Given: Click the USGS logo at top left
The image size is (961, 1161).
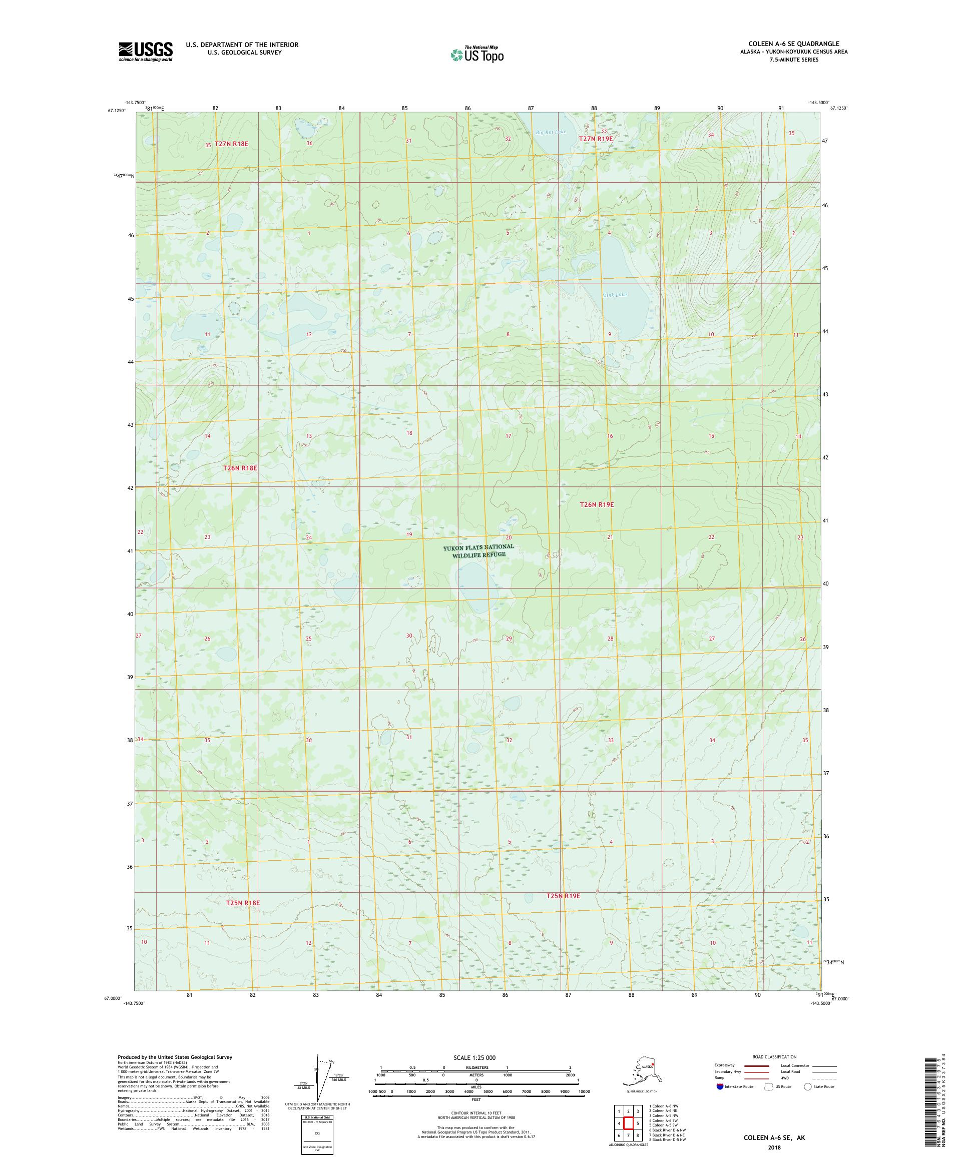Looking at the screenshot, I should pos(145,52).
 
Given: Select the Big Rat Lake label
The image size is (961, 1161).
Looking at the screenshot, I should pos(551,132).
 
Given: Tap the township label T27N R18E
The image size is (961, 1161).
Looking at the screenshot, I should pos(232,144).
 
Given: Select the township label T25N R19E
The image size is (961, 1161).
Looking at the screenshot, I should pos(563,895).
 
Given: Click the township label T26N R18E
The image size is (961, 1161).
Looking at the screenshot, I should pos(240,468).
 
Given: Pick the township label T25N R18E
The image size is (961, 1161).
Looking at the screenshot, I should pos(243,903).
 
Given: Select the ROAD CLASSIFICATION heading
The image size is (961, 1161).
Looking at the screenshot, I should pos(774,1056).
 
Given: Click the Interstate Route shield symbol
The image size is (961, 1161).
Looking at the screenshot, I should pos(719,1086).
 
